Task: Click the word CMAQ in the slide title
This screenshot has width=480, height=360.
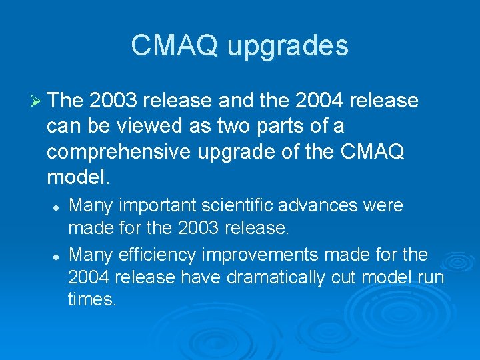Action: tap(175, 45)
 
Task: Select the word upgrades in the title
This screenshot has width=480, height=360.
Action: tap(287, 47)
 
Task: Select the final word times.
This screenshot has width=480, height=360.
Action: tap(91, 301)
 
